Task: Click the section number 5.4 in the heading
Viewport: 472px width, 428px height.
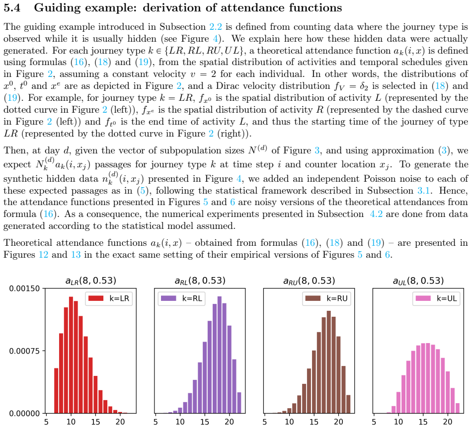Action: tap(12, 7)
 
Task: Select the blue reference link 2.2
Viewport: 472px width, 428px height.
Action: tap(216, 27)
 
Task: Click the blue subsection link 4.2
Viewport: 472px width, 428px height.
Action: tap(376, 214)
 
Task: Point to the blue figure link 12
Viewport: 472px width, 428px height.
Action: tap(43, 255)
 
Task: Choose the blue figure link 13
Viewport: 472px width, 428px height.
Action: tap(76, 255)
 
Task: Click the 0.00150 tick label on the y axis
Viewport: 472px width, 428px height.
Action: tap(24, 288)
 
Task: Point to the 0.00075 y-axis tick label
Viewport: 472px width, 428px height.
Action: tap(24, 351)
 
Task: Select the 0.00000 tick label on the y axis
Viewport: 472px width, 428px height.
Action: tap(24, 414)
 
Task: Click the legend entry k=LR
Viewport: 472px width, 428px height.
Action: tap(109, 298)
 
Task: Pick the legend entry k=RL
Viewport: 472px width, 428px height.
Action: tap(181, 298)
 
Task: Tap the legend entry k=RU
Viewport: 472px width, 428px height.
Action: tap(326, 298)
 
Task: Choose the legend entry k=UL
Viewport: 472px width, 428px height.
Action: tap(436, 298)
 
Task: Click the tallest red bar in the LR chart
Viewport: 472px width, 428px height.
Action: tap(71, 355)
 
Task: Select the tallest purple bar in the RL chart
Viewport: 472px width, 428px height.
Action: tap(220, 355)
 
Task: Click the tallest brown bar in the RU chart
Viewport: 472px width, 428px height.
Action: tap(329, 362)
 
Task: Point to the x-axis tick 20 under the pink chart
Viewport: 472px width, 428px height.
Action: tap(448, 422)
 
